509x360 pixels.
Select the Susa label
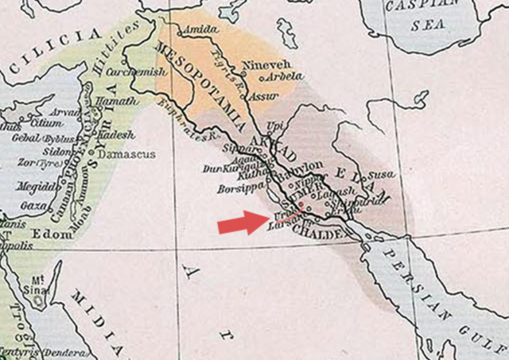click(383, 173)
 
